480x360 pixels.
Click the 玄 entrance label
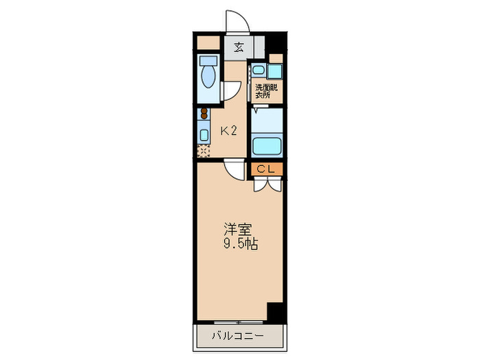click(239, 48)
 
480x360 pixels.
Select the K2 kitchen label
click(228, 130)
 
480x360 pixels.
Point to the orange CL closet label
click(267, 168)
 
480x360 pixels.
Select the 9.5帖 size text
click(240, 244)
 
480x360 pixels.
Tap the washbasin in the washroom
click(257, 70)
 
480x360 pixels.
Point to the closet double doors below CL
click(267, 184)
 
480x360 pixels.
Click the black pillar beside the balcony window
click(275, 312)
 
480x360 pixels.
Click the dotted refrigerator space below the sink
click(204, 150)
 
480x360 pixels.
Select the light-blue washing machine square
click(275, 71)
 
